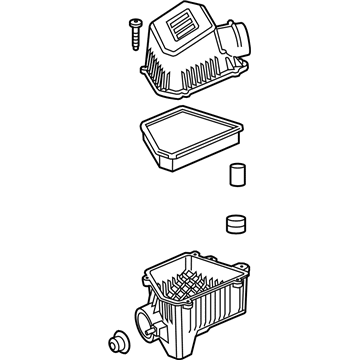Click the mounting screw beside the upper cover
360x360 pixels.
[x=132, y=29]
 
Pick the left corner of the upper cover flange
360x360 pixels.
[x=138, y=71]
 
